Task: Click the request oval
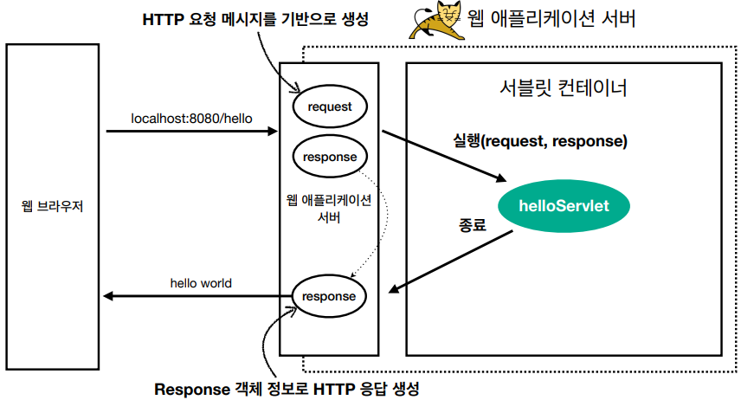pyautogui.click(x=329, y=107)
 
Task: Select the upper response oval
pyautogui.click(x=329, y=158)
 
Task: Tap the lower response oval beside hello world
pyautogui.click(x=329, y=296)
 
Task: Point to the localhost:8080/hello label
pyautogui.click(x=191, y=118)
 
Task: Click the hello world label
pyautogui.click(x=201, y=283)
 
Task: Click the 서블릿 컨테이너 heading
pyautogui.click(x=563, y=88)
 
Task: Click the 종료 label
pyautogui.click(x=472, y=223)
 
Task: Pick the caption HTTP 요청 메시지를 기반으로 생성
pyautogui.click(x=255, y=20)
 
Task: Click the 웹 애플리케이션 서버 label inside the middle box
pyautogui.click(x=329, y=209)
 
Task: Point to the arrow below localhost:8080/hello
pyautogui.click(x=190, y=132)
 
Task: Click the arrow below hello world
pyautogui.click(x=190, y=297)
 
